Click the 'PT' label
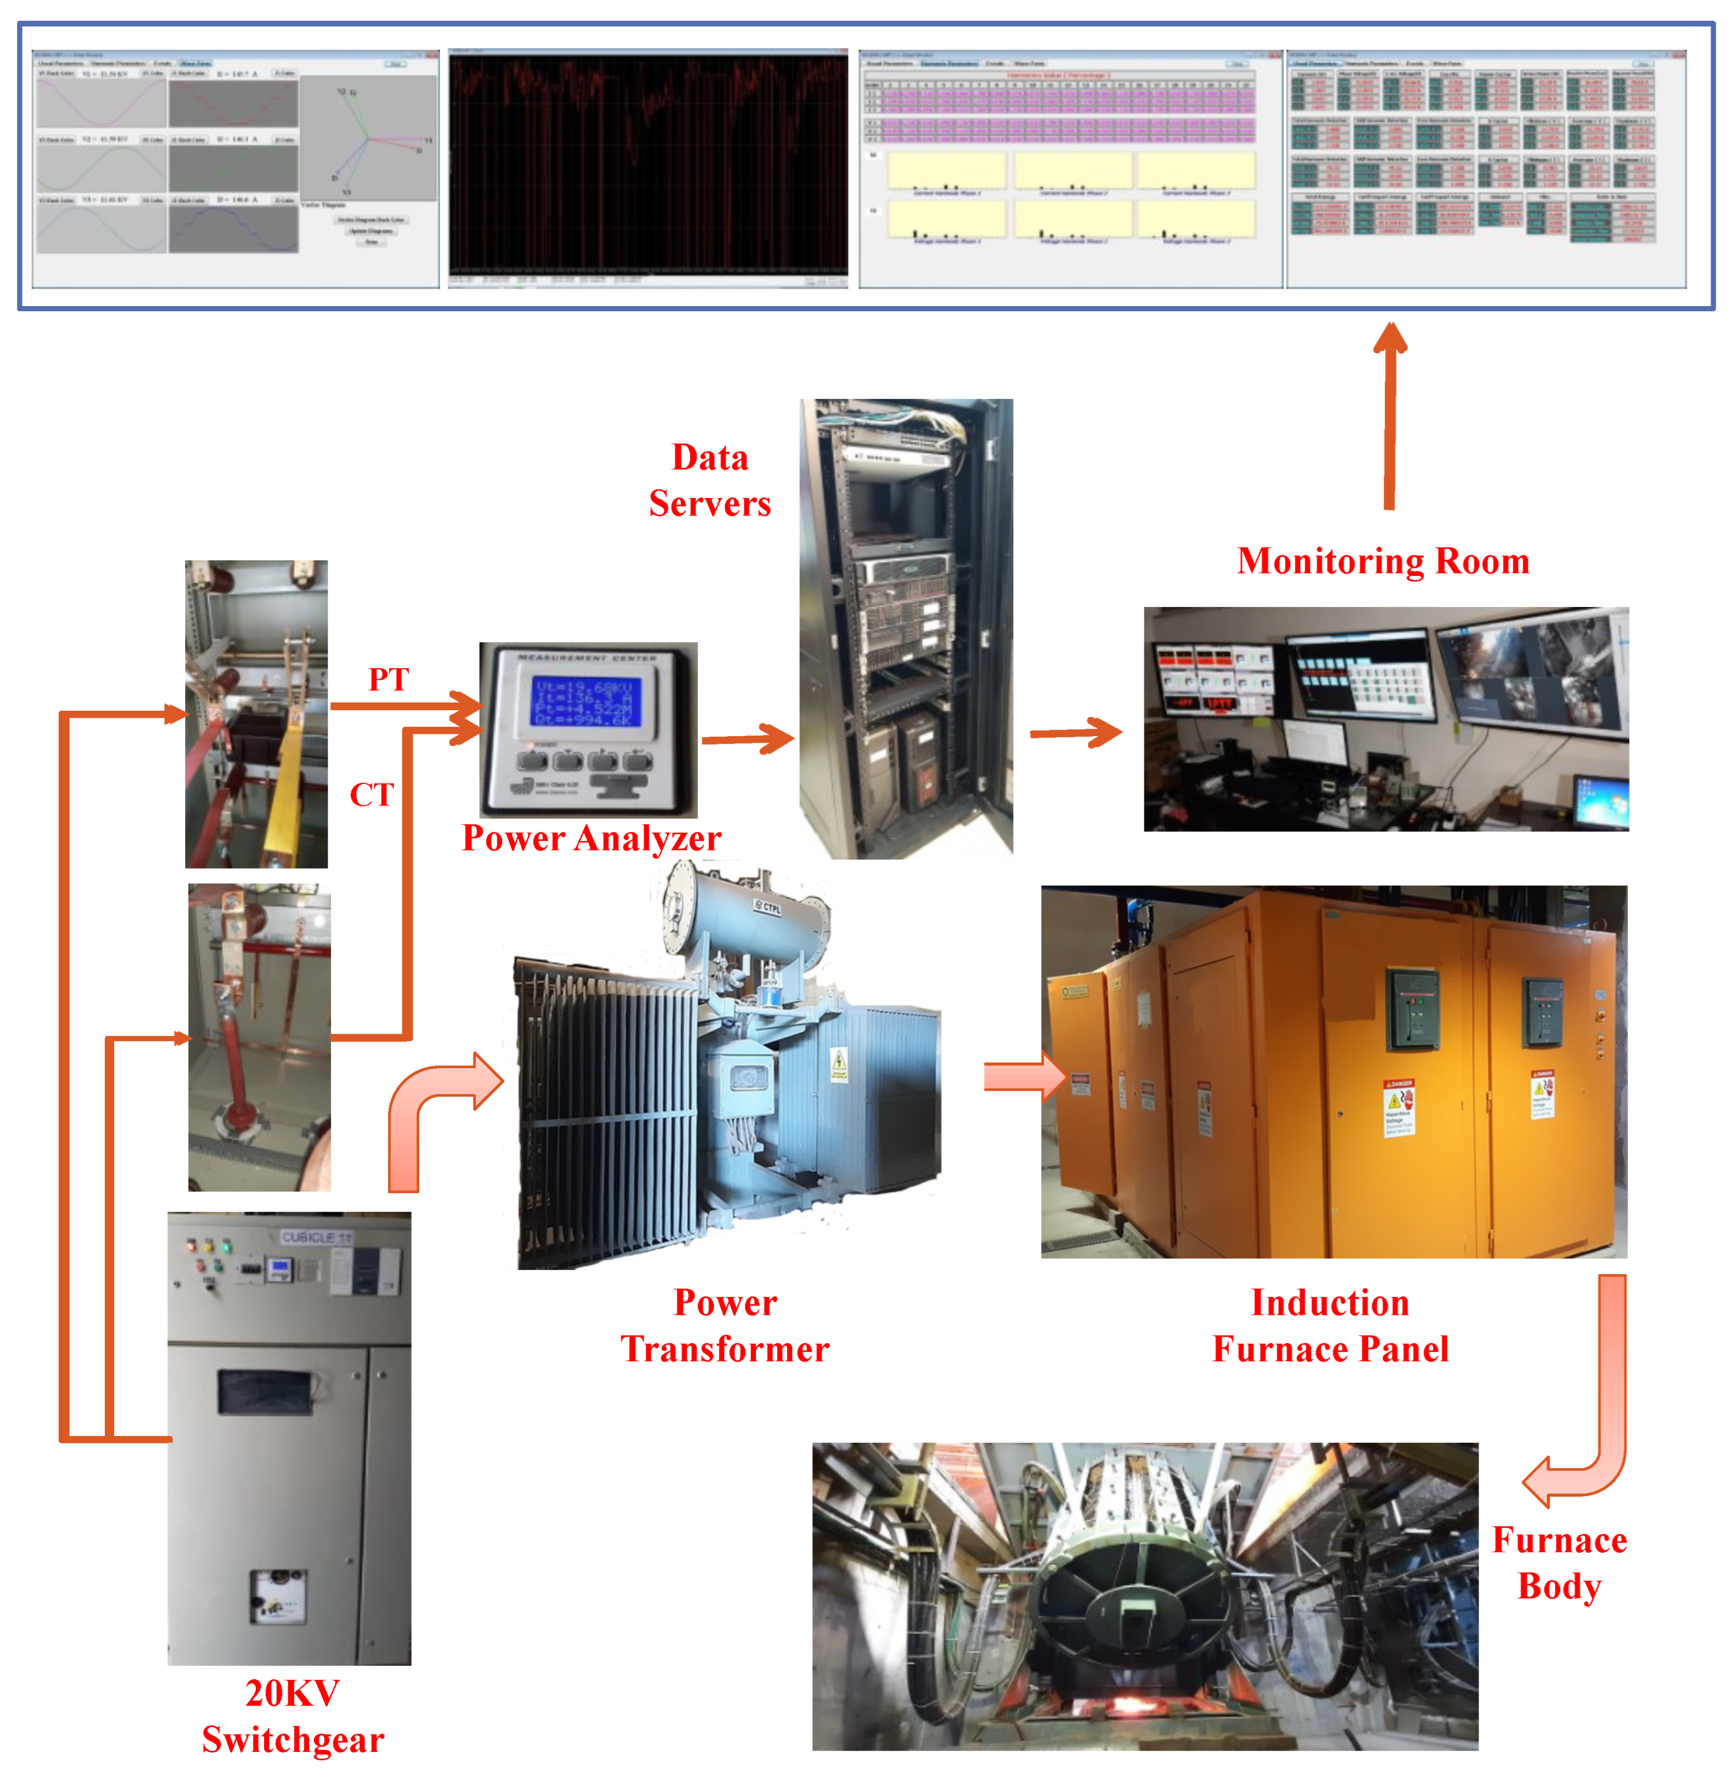click(x=389, y=679)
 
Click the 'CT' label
click(x=371, y=794)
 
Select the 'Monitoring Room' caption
click(x=1382, y=561)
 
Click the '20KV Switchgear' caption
click(x=293, y=1716)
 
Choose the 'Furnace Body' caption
click(x=1559, y=1563)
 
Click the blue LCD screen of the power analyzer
click(x=586, y=700)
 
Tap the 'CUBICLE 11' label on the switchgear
click(x=315, y=1237)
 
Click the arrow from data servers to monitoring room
click(x=1076, y=732)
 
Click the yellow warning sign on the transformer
click(x=838, y=1063)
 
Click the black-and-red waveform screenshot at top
click(x=648, y=169)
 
